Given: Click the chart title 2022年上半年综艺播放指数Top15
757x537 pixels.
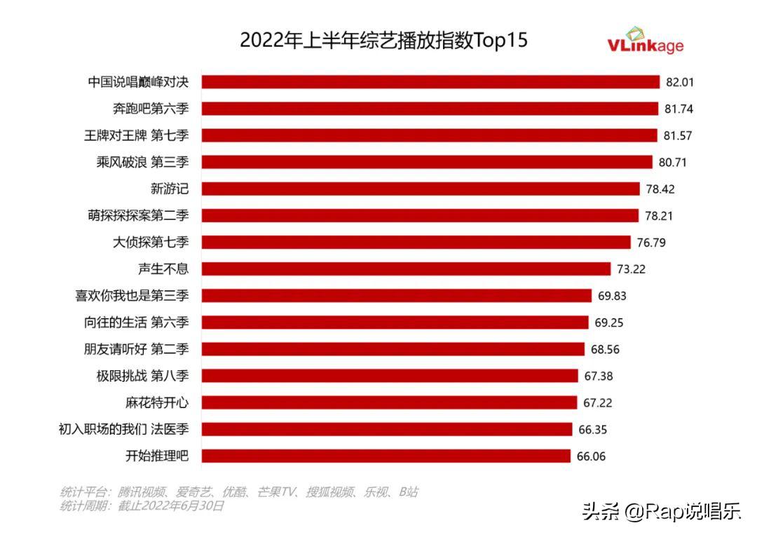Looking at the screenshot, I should pyautogui.click(x=383, y=40).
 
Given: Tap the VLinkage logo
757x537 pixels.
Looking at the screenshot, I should pyautogui.click(x=644, y=41).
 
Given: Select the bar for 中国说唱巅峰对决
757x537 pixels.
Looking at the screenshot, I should pyautogui.click(x=430, y=82).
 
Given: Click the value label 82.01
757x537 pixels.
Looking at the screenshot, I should pyautogui.click(x=679, y=82).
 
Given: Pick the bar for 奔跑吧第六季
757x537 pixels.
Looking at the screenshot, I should pyautogui.click(x=430, y=109).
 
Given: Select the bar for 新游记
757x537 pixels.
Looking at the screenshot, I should pyautogui.click(x=421, y=189).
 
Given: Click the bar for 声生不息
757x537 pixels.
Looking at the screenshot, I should pyautogui.click(x=406, y=269).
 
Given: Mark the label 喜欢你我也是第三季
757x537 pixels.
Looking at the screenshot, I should pyautogui.click(x=132, y=296).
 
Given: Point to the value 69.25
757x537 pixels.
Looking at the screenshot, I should pyautogui.click(x=609, y=322).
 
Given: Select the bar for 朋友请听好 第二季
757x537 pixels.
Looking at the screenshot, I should pyautogui.click(x=393, y=349).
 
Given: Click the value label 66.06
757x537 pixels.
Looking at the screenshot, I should pyautogui.click(x=590, y=456).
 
